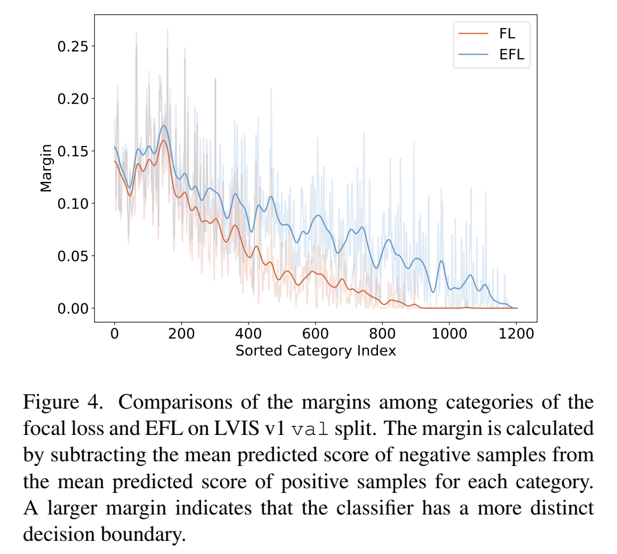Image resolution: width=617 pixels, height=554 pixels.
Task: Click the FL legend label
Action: click(507, 34)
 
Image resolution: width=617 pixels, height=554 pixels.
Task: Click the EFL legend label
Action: click(511, 54)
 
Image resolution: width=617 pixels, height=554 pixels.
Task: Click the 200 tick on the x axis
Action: click(182, 334)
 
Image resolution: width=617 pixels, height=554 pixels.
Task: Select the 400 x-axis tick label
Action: click(248, 334)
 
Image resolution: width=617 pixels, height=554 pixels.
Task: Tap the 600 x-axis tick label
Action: click(315, 334)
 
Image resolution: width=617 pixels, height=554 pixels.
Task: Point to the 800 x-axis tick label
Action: click(382, 334)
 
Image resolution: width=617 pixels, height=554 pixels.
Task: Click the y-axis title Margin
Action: click(46, 169)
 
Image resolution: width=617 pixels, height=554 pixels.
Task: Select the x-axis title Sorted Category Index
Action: click(316, 351)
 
